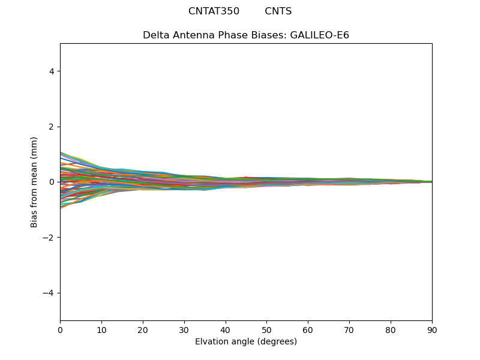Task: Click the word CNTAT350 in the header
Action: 214,11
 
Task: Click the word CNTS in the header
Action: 278,11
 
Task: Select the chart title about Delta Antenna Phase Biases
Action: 246,35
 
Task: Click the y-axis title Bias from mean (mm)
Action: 35,182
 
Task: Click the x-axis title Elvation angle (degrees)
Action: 246,342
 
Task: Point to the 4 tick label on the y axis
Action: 52,71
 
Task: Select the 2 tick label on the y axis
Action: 52,127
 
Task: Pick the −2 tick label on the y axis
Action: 49,238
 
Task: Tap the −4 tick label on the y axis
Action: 49,293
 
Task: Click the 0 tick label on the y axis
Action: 52,182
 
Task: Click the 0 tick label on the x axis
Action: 60,329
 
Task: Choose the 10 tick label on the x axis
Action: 101,329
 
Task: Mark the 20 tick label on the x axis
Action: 143,329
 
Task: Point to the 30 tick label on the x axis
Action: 184,329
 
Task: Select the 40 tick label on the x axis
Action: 226,329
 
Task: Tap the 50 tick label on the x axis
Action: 266,329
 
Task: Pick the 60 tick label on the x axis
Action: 308,329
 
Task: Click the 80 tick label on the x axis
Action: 391,329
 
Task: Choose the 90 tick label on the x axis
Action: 432,329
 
